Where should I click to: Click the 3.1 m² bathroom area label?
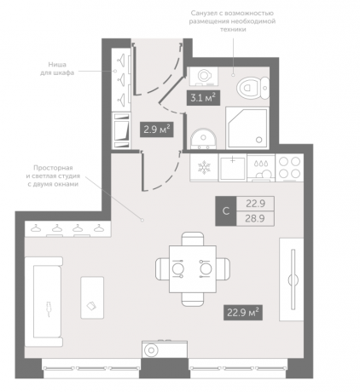203,98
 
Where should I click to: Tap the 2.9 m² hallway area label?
157,130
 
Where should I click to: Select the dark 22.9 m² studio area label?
243,313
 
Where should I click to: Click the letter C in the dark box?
226,211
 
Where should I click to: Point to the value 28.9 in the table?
255,218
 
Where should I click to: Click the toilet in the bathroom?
253,88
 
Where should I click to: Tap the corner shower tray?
247,128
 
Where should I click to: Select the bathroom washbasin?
203,139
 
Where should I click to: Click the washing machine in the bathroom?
204,76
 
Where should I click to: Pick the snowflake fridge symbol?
204,167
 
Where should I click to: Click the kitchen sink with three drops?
261,168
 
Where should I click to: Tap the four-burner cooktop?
289,168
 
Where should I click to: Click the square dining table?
193,269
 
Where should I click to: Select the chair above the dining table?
193,239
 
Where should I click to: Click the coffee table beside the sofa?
92,297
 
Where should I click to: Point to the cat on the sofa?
49,308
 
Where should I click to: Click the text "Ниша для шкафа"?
57,68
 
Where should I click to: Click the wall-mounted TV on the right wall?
293,280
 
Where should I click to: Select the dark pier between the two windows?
164,368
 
